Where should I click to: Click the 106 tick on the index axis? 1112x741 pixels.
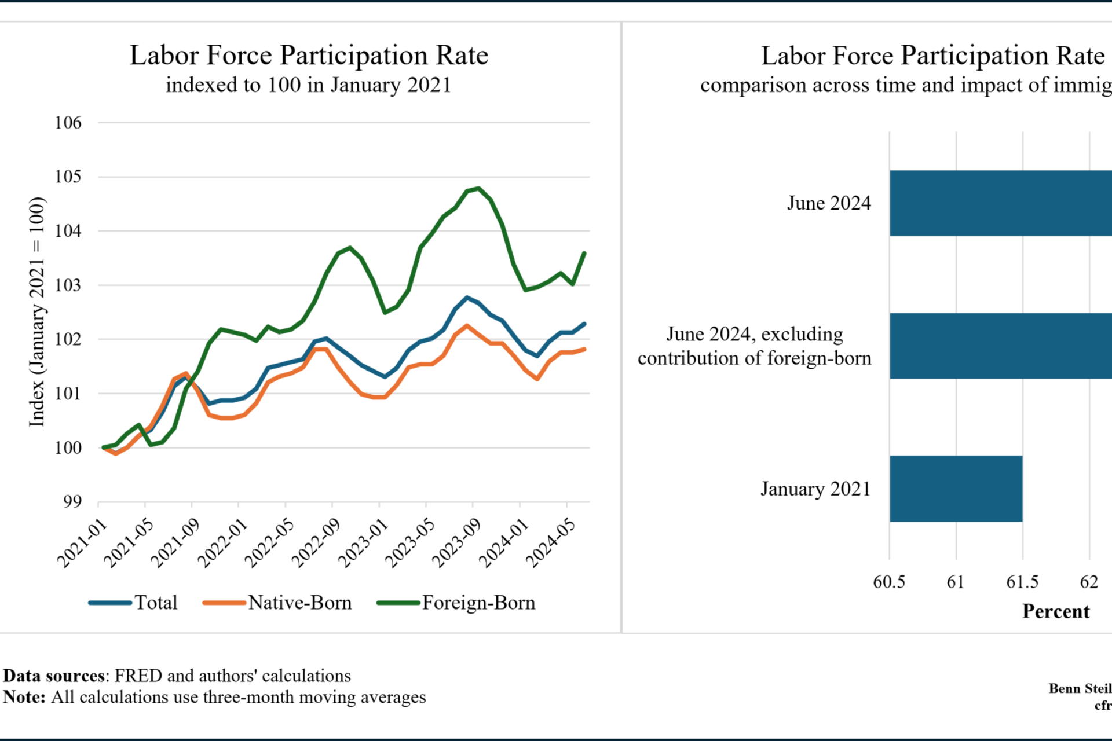[68, 123]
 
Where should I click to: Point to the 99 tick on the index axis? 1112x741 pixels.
[72, 502]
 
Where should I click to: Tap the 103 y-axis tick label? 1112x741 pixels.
[68, 285]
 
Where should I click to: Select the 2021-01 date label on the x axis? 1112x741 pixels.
[82, 544]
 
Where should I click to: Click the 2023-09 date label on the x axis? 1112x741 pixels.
[456, 544]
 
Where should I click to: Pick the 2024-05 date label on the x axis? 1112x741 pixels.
[550, 544]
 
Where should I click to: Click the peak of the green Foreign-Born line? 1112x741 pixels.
[478, 188]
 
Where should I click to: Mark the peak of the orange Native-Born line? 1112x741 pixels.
[467, 326]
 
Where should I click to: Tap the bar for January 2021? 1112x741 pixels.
[956, 489]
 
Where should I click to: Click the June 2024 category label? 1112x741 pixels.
[828, 203]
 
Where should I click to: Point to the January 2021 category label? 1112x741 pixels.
[815, 489]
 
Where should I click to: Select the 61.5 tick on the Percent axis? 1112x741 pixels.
[1022, 582]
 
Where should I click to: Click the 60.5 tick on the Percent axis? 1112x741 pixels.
[889, 582]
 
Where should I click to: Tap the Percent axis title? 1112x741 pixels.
[1055, 611]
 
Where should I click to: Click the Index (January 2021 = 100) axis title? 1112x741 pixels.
[36, 312]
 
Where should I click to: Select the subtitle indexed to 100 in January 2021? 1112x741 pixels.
[308, 85]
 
